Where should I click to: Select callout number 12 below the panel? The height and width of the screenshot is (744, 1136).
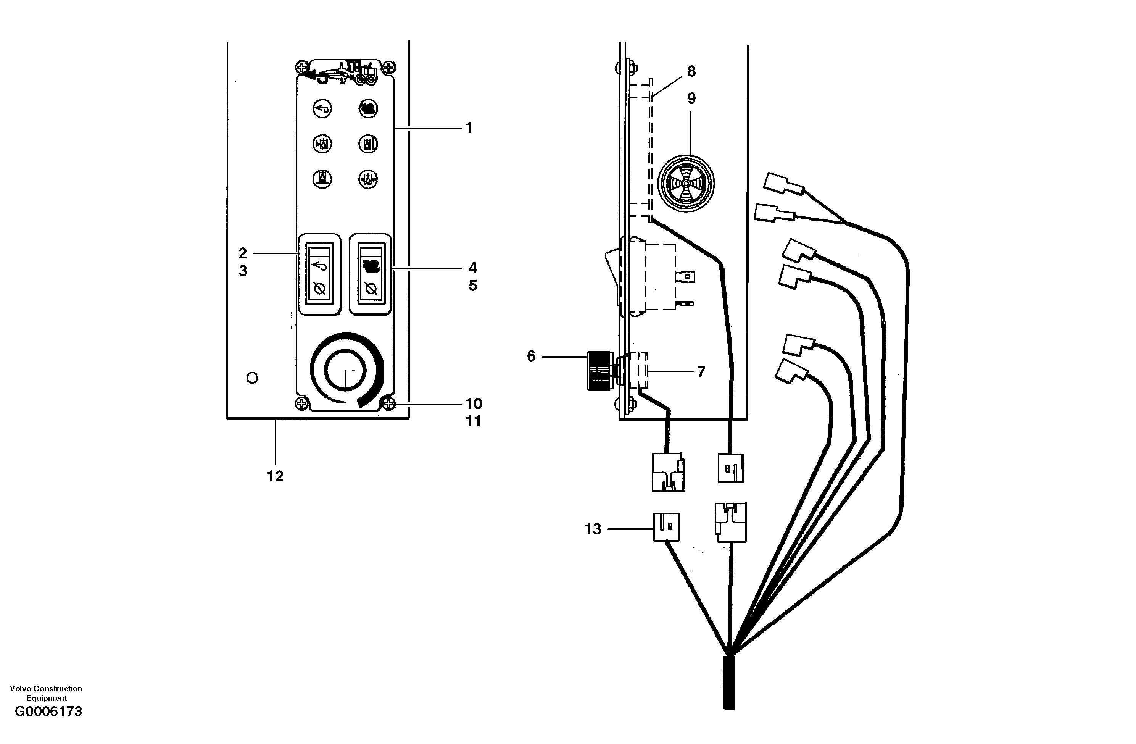(x=275, y=476)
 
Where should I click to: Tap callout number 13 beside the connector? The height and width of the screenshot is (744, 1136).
(x=593, y=529)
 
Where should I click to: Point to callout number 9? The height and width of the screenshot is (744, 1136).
(x=691, y=98)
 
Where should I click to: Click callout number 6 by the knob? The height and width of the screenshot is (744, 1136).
(x=531, y=356)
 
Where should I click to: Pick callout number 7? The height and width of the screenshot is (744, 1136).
(x=701, y=372)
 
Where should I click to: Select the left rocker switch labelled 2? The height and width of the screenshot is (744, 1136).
(x=319, y=274)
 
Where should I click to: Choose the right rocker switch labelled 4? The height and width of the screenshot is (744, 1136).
(x=371, y=274)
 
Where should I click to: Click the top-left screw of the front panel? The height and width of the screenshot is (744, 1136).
(x=301, y=65)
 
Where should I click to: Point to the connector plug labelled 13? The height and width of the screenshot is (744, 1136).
(x=666, y=527)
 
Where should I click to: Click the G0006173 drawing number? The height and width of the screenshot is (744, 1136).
(x=48, y=712)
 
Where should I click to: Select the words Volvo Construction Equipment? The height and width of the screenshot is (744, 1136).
(x=46, y=693)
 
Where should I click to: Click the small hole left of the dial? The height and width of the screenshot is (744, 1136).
(x=252, y=378)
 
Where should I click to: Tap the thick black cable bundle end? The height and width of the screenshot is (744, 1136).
(x=729, y=683)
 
